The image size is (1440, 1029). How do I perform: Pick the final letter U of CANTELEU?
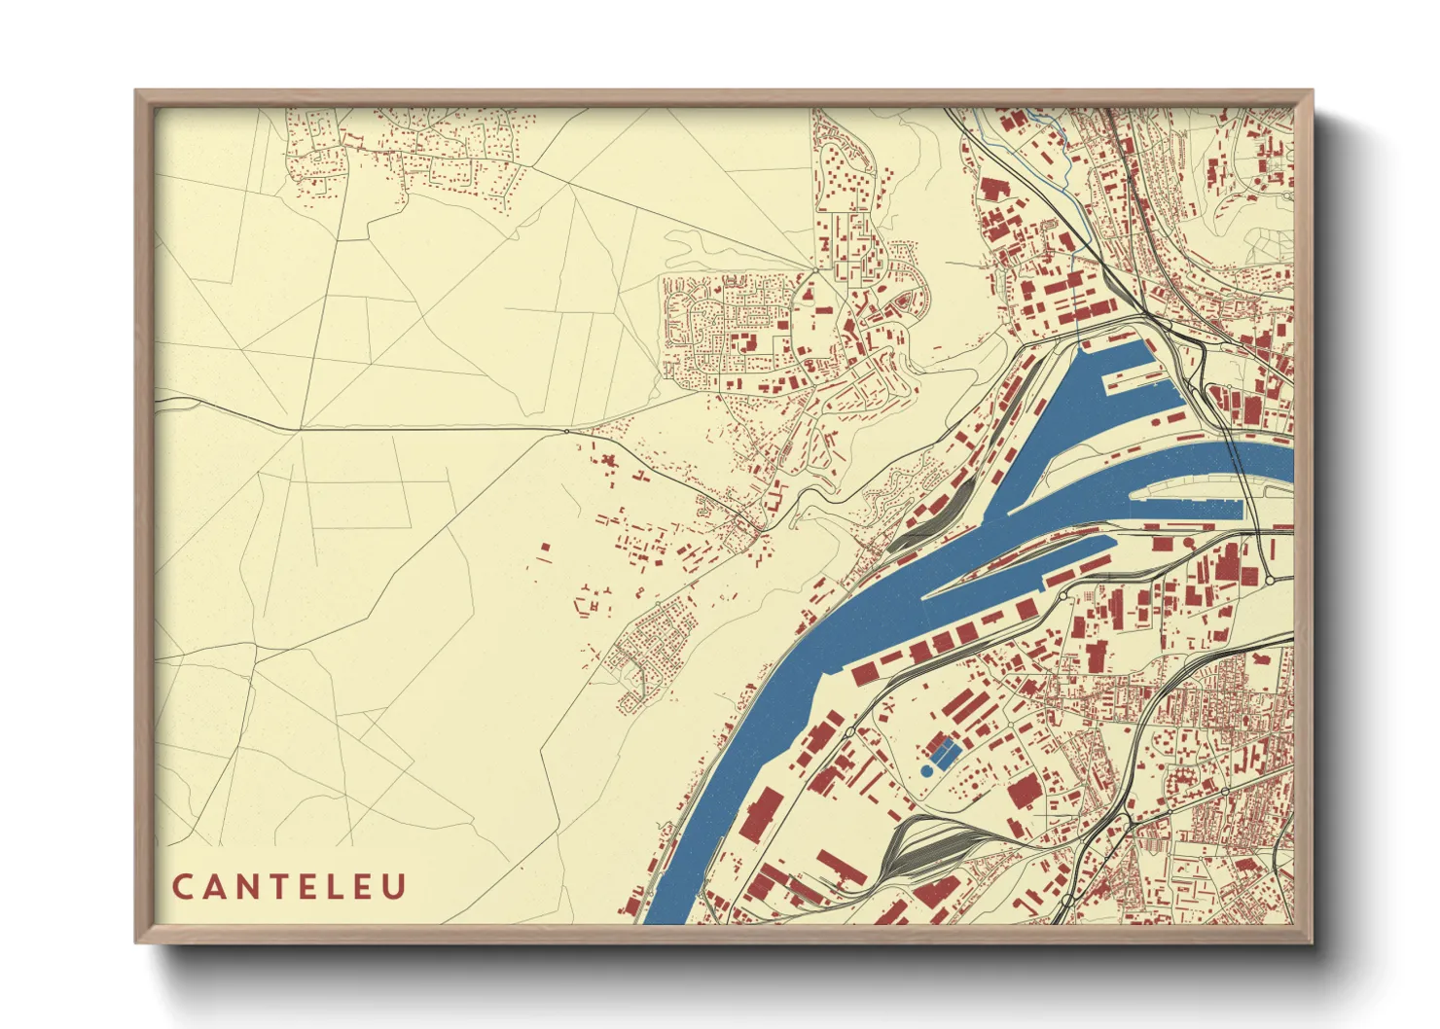click(x=394, y=887)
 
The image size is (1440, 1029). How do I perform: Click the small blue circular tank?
click(x=925, y=770)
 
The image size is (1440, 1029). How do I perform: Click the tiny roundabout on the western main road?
click(x=566, y=431)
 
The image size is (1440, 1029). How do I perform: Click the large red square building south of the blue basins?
click(x=1024, y=792)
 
